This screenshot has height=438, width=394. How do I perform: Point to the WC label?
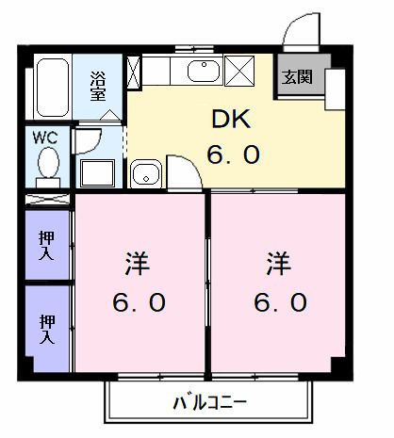point(45,138)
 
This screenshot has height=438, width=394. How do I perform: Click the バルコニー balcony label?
point(209,402)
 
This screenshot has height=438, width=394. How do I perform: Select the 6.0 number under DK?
point(233,154)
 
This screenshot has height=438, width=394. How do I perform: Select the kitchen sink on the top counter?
point(199,72)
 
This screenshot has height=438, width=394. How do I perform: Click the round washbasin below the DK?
point(144,174)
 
